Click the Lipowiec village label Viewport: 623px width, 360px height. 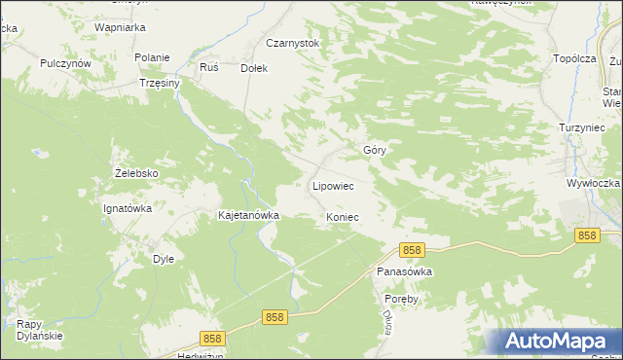tap(331, 185)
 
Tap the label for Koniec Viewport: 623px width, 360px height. tap(343, 217)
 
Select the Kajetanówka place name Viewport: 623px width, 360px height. tap(249, 215)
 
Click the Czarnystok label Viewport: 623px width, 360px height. tap(292, 44)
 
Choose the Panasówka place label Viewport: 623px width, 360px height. tap(404, 272)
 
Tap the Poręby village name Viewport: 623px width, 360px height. tap(400, 300)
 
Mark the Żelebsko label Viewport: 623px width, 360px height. tap(135, 174)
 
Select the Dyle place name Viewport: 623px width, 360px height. tap(164, 259)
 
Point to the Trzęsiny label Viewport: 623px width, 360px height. tap(160, 84)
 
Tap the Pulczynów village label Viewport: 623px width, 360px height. tap(65, 62)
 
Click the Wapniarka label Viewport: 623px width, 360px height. tap(120, 28)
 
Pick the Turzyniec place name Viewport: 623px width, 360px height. tap(583, 127)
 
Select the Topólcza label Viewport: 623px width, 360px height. tap(573, 58)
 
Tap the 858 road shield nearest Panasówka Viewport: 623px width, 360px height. tap(412, 250)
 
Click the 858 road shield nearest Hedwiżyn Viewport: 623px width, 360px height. tap(213, 338)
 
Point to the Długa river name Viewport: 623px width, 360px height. tap(386, 323)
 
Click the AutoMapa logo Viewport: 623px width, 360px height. tap(561, 341)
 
